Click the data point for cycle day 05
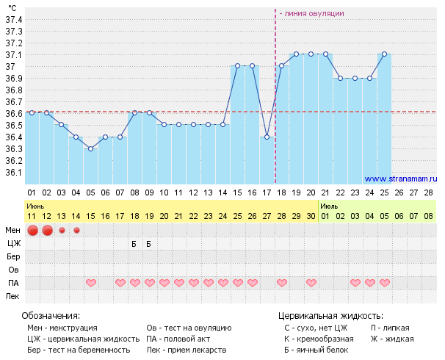point(91,148)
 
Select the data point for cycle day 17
point(267,137)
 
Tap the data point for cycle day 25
point(385,54)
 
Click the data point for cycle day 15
point(238,66)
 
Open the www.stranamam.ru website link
point(400,179)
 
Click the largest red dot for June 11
point(32,231)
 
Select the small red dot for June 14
point(76,230)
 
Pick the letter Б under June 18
point(134,243)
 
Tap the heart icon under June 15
point(91,283)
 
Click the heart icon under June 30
point(311,283)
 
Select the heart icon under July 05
point(385,283)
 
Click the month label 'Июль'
point(329,206)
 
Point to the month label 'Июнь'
point(36,206)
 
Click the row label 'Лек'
point(13,296)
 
